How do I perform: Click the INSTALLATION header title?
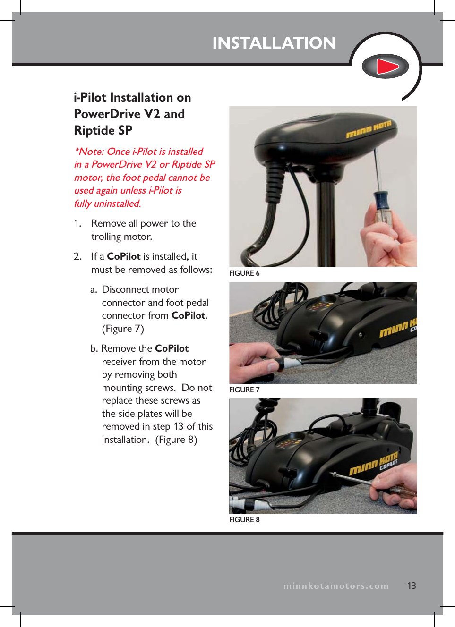click(x=274, y=43)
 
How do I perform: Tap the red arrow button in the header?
click(x=386, y=67)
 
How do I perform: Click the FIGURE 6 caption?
click(x=244, y=273)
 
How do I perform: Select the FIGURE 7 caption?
click(x=244, y=390)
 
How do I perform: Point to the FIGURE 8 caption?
click(x=244, y=520)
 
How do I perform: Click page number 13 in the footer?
click(x=412, y=586)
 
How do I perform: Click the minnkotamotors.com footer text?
click(x=336, y=586)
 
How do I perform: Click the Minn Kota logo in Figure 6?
click(x=369, y=130)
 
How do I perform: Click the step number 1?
click(x=77, y=223)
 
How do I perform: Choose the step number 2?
click(x=77, y=256)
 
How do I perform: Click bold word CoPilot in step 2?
click(x=124, y=256)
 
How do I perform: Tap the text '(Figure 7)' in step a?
click(x=123, y=329)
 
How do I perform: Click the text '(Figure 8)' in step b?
click(x=176, y=440)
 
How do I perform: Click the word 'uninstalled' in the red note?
click(x=117, y=203)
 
